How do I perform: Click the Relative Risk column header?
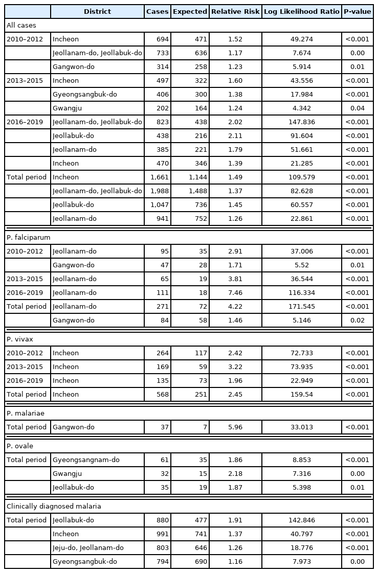pos(235,12)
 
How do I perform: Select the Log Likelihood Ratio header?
pos(301,12)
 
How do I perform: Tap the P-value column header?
pos(357,12)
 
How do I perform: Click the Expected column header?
pos(190,12)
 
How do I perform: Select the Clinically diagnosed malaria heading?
pos(54,506)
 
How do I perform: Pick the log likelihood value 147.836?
pos(301,122)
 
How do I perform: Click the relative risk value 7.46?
pos(235,293)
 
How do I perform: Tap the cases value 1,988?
pos(158,191)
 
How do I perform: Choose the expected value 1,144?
pos(190,177)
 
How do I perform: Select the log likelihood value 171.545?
pos(301,307)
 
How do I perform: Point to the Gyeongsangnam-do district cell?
pos(86,460)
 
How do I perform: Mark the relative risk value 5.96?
pos(235,427)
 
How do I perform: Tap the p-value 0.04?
pos(357,108)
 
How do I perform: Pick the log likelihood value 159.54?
pos(301,395)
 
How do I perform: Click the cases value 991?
pos(158,534)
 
